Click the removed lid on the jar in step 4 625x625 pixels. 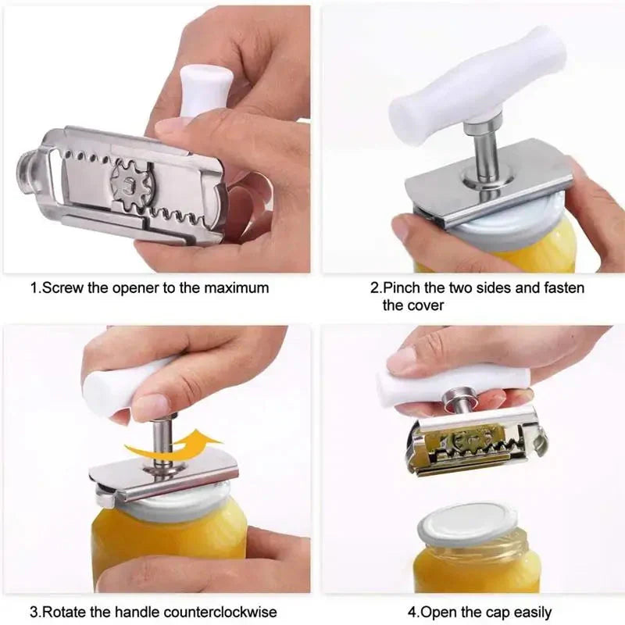[467, 523]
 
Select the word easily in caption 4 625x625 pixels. [530, 612]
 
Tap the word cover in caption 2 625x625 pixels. [425, 305]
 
